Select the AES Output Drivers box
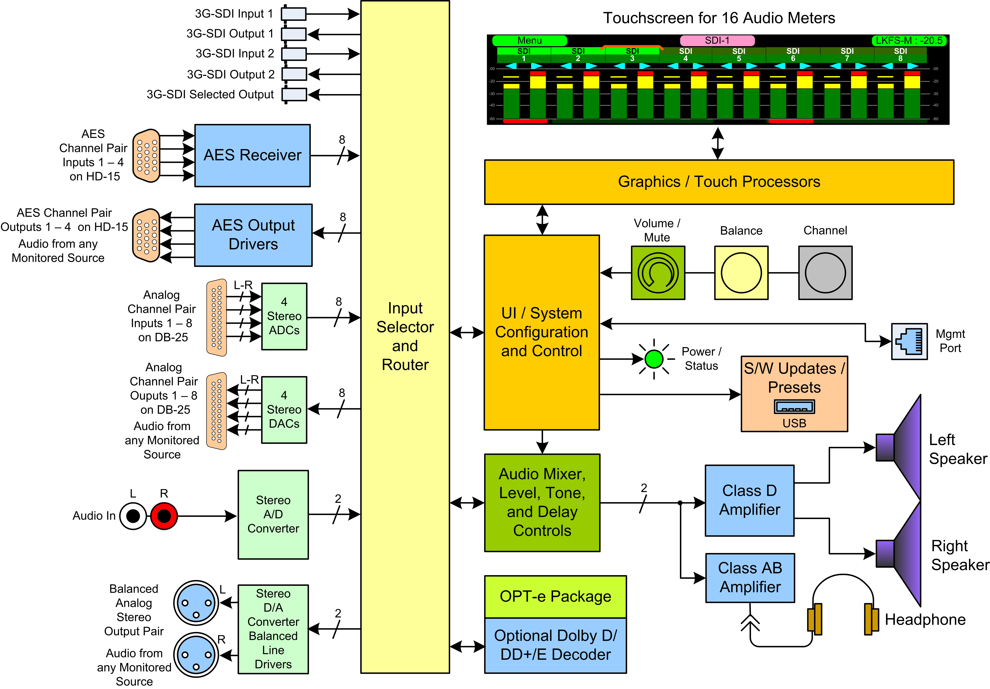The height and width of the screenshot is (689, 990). tap(253, 235)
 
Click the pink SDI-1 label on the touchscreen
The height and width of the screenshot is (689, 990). tap(717, 40)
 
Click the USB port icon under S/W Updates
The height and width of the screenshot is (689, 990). tap(794, 407)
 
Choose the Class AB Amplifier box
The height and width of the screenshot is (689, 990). tap(750, 578)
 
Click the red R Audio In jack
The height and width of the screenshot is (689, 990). tap(164, 516)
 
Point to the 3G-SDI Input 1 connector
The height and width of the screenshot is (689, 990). tap(294, 14)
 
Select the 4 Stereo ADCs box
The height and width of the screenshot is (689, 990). tap(284, 316)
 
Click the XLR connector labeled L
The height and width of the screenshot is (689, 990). tap(196, 603)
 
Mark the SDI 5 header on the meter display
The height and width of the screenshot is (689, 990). tap(739, 55)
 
